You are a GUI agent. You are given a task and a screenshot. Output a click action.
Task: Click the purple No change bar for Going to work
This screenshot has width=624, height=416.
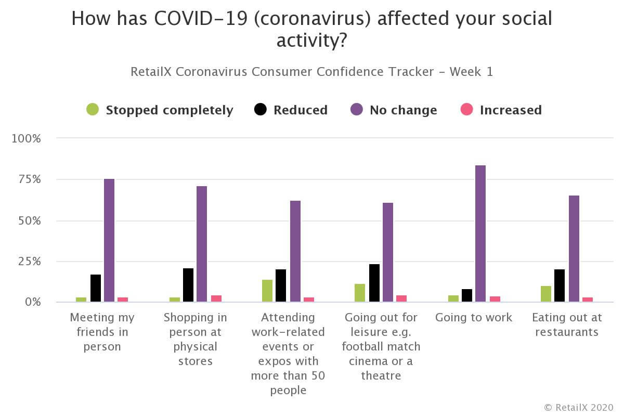[480, 233]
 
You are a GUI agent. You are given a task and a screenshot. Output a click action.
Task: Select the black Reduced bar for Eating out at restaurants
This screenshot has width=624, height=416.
[560, 285]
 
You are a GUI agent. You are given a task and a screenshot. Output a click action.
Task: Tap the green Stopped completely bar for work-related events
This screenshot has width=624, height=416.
[267, 291]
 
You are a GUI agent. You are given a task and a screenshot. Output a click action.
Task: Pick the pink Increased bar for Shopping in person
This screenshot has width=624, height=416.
[216, 298]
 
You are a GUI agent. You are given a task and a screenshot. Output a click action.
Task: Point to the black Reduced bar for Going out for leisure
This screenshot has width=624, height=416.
[374, 283]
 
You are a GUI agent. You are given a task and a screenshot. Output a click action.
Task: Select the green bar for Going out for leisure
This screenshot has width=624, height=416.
[360, 293]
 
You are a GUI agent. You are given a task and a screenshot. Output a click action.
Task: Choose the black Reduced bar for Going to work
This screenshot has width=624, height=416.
[467, 295]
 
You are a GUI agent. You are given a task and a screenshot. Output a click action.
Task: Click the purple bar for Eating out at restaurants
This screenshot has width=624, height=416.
[574, 249]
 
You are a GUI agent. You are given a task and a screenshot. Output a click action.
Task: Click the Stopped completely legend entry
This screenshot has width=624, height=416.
[160, 110]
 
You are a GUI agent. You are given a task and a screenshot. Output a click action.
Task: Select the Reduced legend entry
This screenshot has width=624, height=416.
[291, 110]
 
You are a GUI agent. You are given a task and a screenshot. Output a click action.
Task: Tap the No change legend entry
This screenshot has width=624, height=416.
[394, 110]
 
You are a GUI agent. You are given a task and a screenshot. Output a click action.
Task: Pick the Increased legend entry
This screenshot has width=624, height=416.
[501, 110]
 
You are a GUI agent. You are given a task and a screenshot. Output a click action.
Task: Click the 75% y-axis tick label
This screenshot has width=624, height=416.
[29, 180]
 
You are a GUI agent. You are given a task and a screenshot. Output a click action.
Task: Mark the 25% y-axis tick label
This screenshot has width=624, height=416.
[29, 262]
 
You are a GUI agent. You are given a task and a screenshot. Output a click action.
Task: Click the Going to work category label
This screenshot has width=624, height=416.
[474, 317]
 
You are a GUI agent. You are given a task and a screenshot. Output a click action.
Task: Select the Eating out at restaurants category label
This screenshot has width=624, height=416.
[567, 324]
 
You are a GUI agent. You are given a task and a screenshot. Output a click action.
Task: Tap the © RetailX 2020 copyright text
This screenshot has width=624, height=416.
[578, 407]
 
